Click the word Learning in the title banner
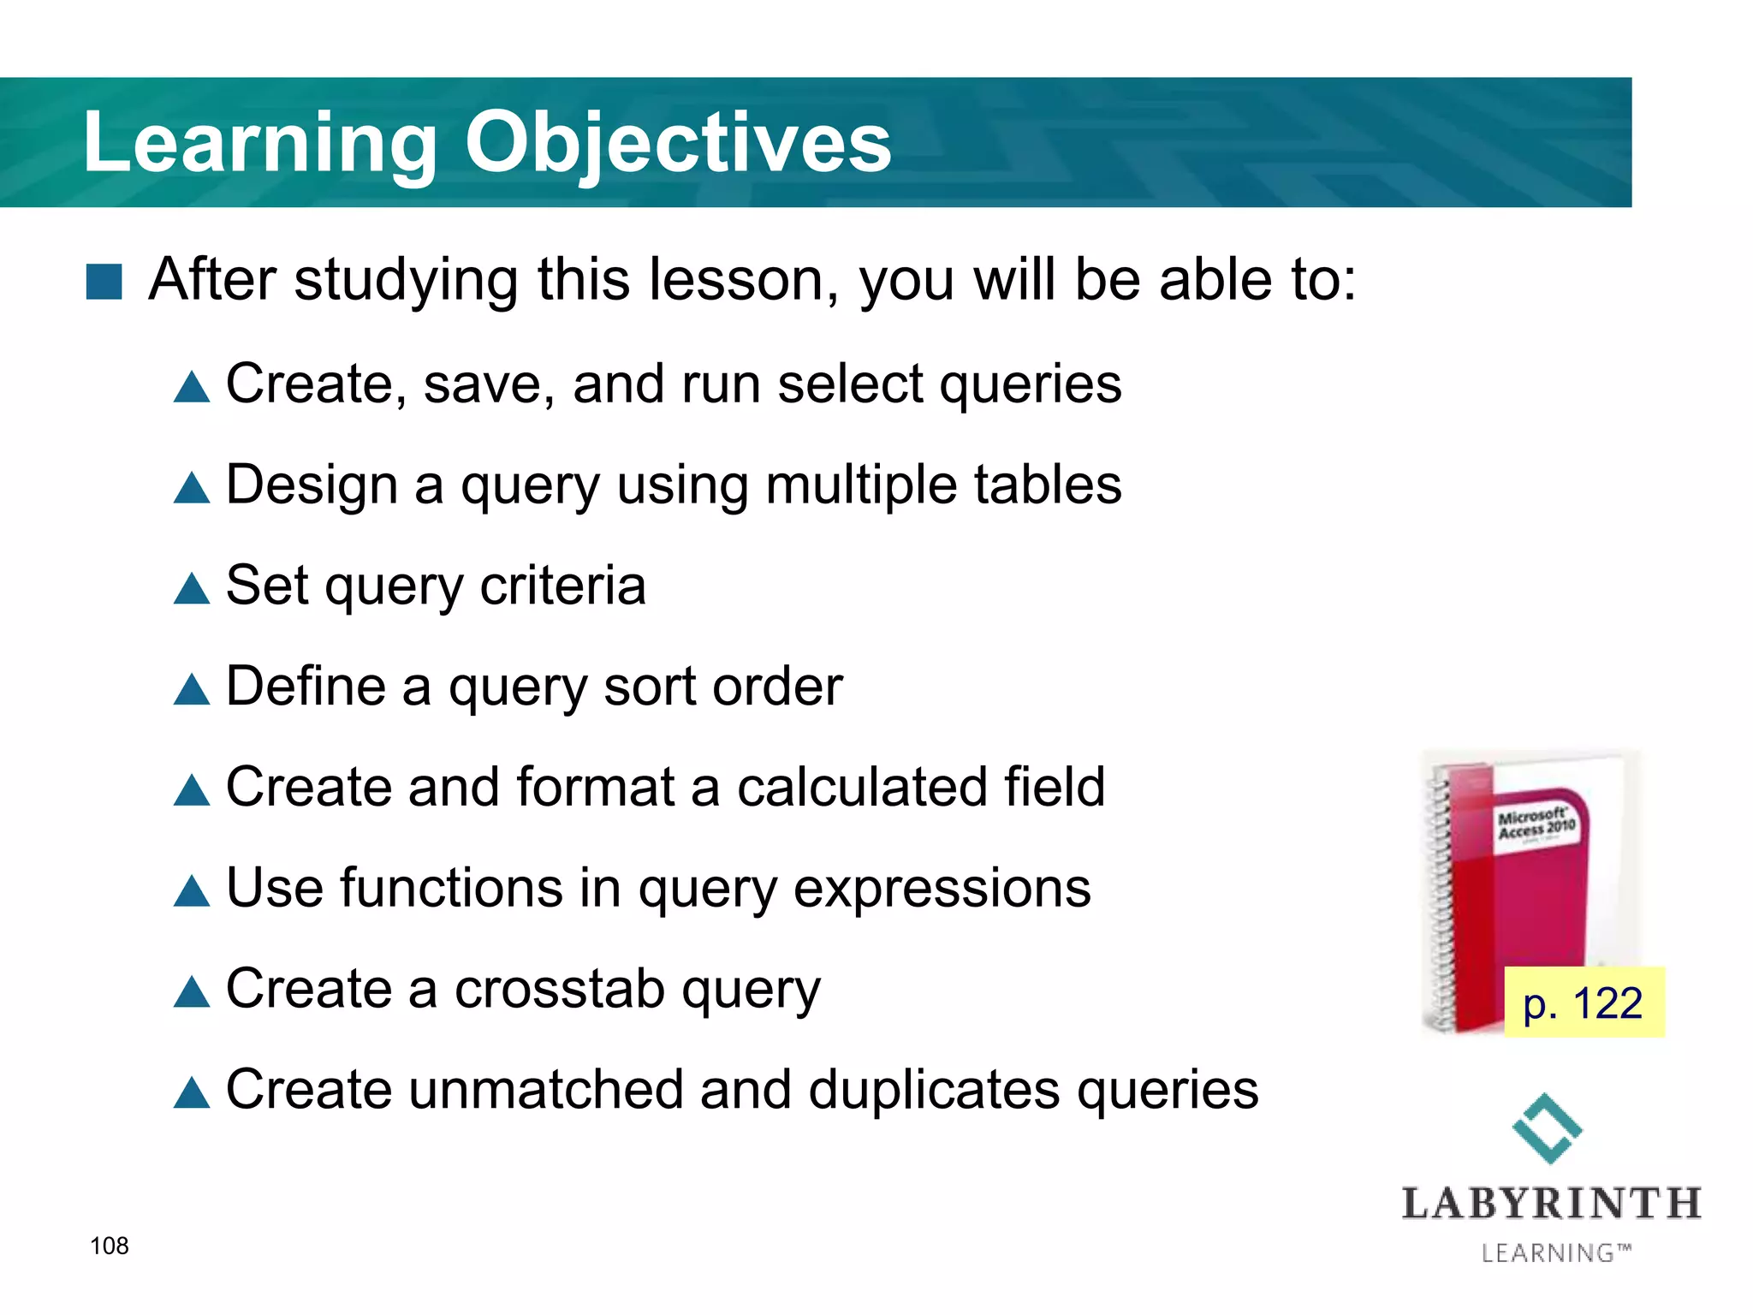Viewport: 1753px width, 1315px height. pos(259,143)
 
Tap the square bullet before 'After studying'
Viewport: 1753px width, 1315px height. pos(104,282)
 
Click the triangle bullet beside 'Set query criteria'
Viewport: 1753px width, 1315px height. pos(192,589)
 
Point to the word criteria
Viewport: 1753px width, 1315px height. pos(562,586)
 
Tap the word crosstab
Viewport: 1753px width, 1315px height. pos(559,989)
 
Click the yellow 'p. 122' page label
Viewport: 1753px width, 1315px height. pos(1584,1003)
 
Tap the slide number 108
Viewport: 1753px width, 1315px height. pos(110,1246)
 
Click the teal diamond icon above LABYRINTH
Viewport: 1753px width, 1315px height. pos(1547,1128)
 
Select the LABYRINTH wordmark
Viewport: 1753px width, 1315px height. pos(1551,1205)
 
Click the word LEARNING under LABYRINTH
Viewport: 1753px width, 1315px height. pos(1548,1253)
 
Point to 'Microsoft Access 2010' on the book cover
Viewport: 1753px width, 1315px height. pos(1536,823)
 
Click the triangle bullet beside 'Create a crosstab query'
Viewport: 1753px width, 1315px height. pos(192,992)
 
